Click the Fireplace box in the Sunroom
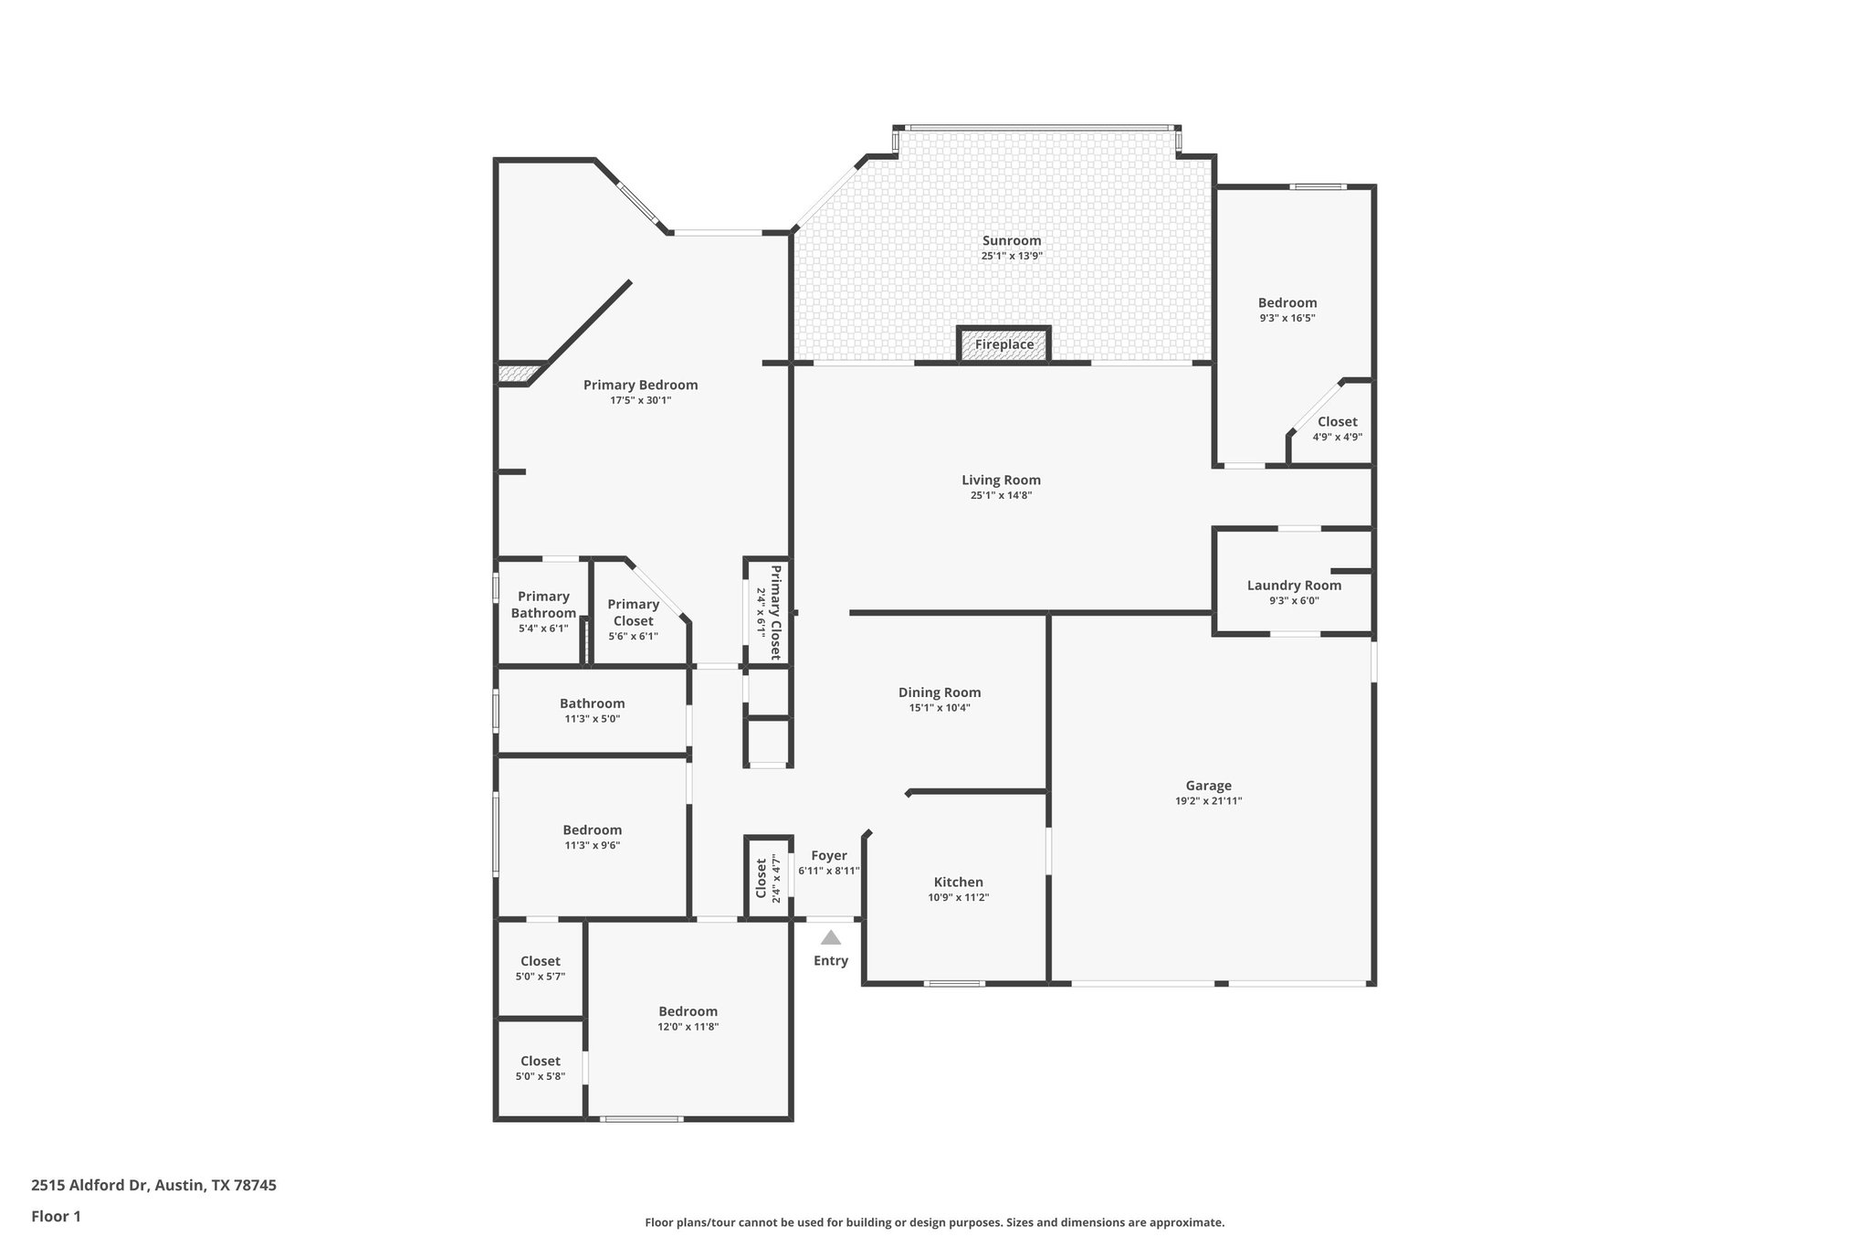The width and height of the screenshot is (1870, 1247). coord(1003,344)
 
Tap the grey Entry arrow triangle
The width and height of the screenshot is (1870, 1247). coord(830,937)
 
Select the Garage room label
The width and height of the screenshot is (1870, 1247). coord(1208,786)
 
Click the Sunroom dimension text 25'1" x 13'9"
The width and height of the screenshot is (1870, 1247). coord(1011,257)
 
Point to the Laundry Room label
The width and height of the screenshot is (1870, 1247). coord(1294,586)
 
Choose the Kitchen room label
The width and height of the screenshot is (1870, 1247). coord(958,882)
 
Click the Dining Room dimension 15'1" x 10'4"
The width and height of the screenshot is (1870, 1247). coord(939,708)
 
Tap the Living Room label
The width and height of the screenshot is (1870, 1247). coord(1001,481)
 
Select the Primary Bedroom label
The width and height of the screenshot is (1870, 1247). coord(640,386)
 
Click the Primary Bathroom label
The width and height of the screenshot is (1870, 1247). coord(543,605)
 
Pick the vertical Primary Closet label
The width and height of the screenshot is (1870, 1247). coord(775,612)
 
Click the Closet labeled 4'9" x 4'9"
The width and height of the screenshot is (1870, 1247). coord(1337,422)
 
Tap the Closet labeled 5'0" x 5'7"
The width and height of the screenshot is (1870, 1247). coord(540,962)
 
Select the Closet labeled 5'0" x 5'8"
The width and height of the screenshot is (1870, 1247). coord(540,1062)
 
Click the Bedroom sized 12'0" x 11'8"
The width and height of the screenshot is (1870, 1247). coord(688,1012)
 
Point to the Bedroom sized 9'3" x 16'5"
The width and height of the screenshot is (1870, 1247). coord(1287,303)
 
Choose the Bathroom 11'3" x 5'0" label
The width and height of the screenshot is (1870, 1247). coord(592,704)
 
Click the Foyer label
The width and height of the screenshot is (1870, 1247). coord(828,856)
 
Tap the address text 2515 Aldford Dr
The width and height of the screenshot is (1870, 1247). coord(89,1185)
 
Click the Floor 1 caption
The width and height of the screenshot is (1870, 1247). coord(57,1216)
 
